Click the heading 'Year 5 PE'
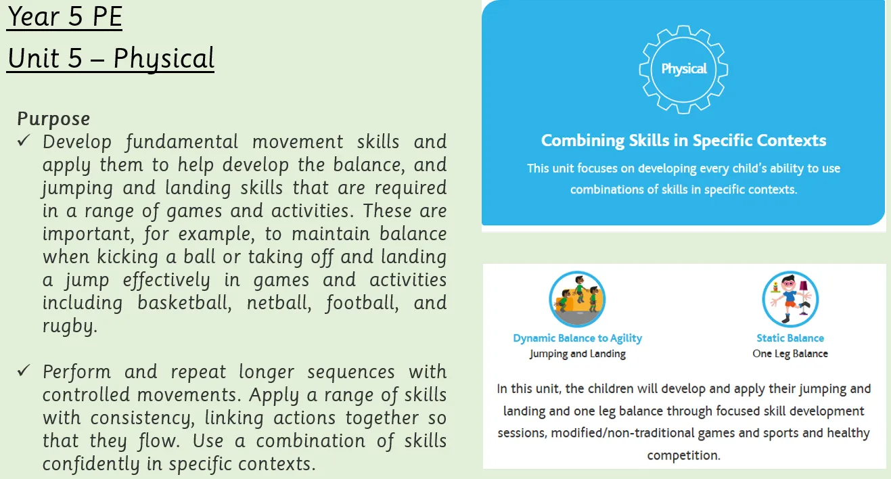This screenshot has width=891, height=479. tap(64, 17)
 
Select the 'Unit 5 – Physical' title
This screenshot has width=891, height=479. tap(110, 58)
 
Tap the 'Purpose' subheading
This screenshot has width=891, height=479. tap(53, 119)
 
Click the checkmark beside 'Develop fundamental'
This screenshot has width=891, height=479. tap(24, 141)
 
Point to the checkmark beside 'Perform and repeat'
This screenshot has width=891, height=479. tap(24, 371)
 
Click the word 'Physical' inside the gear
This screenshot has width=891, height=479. tap(684, 69)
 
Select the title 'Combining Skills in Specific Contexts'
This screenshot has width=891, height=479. tap(683, 141)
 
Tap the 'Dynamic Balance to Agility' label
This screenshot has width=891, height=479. tap(577, 338)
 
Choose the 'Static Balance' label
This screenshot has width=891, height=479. tap(790, 338)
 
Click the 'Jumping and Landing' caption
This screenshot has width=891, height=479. tap(577, 354)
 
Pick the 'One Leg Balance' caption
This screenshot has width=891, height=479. tap(790, 354)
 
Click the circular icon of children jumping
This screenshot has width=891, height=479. tap(577, 299)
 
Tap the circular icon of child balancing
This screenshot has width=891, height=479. tap(790, 299)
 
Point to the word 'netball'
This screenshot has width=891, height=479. tap(279, 302)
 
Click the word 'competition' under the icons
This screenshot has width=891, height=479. tap(683, 455)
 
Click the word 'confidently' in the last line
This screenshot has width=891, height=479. tap(91, 464)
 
